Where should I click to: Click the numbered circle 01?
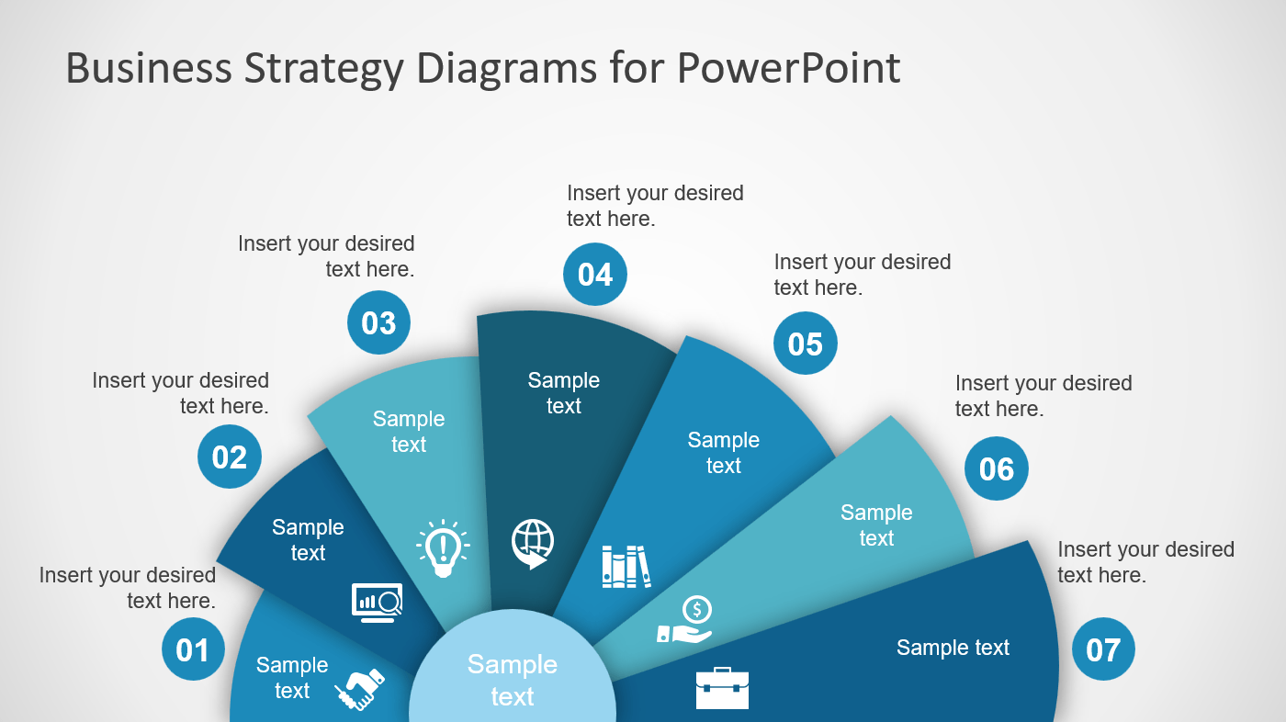point(193,649)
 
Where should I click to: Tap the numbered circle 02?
point(230,457)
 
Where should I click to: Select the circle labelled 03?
point(378,322)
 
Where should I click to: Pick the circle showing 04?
point(595,275)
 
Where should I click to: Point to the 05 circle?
point(805,344)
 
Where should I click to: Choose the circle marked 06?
point(997,468)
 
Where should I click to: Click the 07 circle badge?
point(1103,649)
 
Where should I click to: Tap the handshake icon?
point(360,689)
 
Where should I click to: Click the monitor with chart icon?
point(378,603)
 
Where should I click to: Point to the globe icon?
point(533,544)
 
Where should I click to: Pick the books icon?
point(626,567)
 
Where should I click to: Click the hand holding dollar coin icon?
point(685,619)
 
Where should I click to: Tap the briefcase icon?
point(722,688)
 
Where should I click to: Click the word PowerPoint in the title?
point(788,68)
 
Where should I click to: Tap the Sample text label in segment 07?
point(953,648)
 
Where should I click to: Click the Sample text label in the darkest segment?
point(564,393)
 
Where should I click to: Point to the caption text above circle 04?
point(655,206)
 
